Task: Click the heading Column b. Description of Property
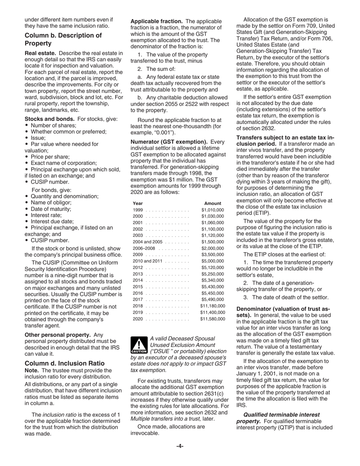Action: [x=63, y=39]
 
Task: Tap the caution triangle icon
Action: [x=139, y=345]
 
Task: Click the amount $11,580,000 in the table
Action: [x=212, y=319]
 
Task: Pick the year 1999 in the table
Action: [x=138, y=210]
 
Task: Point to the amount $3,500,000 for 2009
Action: [x=213, y=255]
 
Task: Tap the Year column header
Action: [x=138, y=203]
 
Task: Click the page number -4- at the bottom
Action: [x=180, y=446]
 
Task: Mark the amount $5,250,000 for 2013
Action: [x=213, y=274]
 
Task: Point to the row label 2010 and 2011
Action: [x=147, y=261]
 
